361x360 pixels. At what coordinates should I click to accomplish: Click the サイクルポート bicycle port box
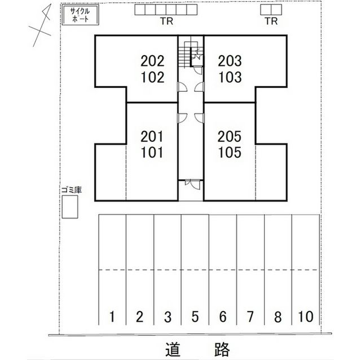pyautogui.click(x=80, y=15)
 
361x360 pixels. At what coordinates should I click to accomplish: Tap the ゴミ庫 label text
pyautogui.click(x=72, y=190)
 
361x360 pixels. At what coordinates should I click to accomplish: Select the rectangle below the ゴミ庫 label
pyautogui.click(x=70, y=207)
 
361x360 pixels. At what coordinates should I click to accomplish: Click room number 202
pyautogui.click(x=152, y=61)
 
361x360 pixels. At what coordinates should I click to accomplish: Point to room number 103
pyautogui.click(x=230, y=77)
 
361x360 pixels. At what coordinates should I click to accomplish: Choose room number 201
pyautogui.click(x=152, y=136)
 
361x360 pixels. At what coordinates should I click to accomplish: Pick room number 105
pyautogui.click(x=230, y=153)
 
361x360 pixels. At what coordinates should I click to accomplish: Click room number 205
pyautogui.click(x=230, y=136)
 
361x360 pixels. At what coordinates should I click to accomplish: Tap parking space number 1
pyautogui.click(x=112, y=317)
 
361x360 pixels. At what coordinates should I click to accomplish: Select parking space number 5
pyautogui.click(x=195, y=317)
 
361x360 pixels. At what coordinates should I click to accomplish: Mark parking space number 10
pyautogui.click(x=306, y=317)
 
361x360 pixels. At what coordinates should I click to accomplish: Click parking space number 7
pyautogui.click(x=250, y=317)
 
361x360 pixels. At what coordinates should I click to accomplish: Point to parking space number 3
pyautogui.click(x=168, y=317)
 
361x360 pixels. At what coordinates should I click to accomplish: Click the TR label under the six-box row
pyautogui.click(x=167, y=21)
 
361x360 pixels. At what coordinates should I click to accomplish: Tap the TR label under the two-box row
pyautogui.click(x=271, y=21)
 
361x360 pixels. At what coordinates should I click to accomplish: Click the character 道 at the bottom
pyautogui.click(x=173, y=350)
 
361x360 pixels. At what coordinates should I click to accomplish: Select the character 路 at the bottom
pyautogui.click(x=222, y=350)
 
